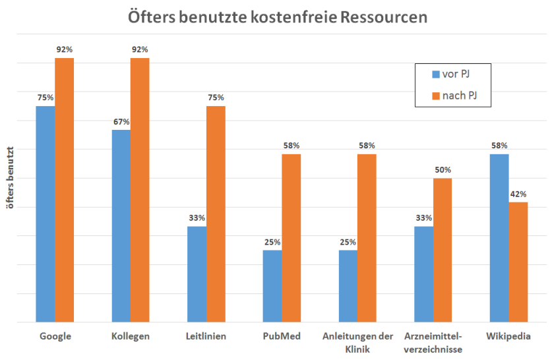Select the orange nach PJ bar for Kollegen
coord(140,191)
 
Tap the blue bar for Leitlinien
coord(197,274)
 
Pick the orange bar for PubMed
coord(291,238)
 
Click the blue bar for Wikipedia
coord(499,238)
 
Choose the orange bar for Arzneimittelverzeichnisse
coord(443,251)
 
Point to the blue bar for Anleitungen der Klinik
coord(348,286)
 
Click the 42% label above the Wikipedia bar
coord(518,194)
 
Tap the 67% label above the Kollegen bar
coord(121,121)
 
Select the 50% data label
coord(443,169)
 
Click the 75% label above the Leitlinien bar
coord(216,98)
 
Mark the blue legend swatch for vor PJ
coord(436,74)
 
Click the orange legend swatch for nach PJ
coord(436,97)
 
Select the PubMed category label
coord(282,336)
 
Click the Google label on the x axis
coord(55,336)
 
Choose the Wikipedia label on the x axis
coord(508,336)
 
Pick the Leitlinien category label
coord(206,336)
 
